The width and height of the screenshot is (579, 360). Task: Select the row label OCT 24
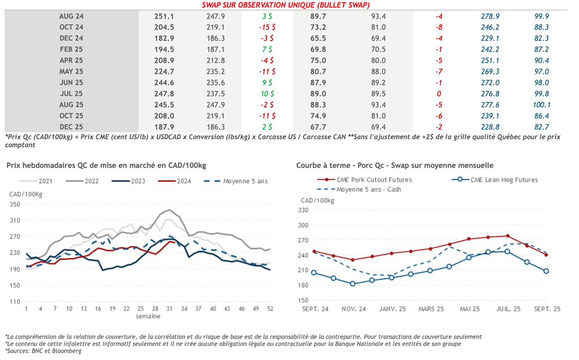click(71, 27)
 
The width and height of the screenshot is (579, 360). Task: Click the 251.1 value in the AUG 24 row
click(164, 16)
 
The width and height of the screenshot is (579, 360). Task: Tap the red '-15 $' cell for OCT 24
click(265, 27)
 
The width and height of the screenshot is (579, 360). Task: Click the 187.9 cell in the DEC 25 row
click(164, 127)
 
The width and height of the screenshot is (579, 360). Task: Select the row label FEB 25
click(71, 50)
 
